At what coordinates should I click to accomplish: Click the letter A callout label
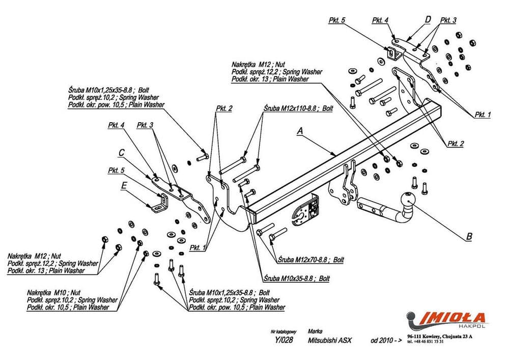point(300,131)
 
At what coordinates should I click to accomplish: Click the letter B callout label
point(469,236)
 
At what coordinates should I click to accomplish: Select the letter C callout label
point(121,152)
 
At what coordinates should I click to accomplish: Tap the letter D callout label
point(428,19)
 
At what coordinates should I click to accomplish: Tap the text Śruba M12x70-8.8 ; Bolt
point(311,260)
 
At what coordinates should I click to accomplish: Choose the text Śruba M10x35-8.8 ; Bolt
point(296,279)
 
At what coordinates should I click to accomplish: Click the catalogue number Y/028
point(283,340)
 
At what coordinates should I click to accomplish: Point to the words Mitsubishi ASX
point(330,340)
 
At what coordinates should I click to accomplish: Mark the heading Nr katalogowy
point(282,331)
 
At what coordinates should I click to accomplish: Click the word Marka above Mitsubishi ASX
point(316,331)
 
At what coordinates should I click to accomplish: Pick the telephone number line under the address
point(426,341)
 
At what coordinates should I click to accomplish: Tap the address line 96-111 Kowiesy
point(440,337)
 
